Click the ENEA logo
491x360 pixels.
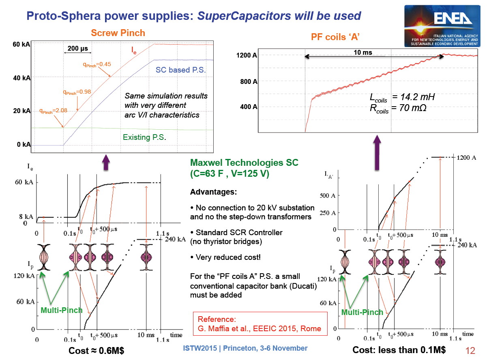(442, 26)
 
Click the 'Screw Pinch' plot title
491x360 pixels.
(118, 33)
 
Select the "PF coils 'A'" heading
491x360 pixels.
(335, 37)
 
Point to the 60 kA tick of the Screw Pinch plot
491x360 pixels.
(21, 44)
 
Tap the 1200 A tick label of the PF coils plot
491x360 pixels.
(247, 55)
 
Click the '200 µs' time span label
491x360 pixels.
(77, 48)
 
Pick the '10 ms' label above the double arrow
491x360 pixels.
(363, 53)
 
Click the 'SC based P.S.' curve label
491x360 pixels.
(181, 70)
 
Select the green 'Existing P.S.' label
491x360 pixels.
(144, 137)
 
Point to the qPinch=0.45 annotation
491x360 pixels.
(97, 64)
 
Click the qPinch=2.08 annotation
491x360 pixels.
(53, 111)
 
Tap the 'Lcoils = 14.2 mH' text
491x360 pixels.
(402, 98)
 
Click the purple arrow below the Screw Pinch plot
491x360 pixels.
(106, 162)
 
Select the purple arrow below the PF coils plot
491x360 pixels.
(377, 152)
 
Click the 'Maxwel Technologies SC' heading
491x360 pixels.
(244, 163)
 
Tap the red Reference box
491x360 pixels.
(260, 324)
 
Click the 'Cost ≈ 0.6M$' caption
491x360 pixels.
(96, 351)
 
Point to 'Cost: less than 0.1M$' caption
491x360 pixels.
(399, 350)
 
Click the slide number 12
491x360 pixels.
(470, 351)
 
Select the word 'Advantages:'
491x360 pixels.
(213, 192)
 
